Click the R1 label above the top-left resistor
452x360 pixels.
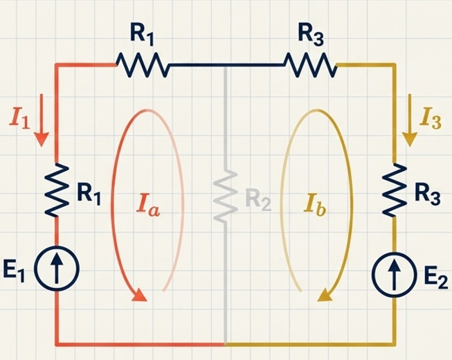142,36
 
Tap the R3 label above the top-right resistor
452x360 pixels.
311,36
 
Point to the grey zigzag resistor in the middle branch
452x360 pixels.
226,197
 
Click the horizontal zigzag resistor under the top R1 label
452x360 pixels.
143,65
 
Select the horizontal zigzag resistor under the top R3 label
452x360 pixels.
311,65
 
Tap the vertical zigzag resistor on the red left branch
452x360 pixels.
57,190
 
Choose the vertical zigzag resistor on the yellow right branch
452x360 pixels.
395,190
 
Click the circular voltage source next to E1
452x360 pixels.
57,269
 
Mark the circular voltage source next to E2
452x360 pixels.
394,275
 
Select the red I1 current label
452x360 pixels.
19,118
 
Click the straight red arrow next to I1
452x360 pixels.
42,120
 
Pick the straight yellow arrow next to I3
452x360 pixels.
410,120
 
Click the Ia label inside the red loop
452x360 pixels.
148,205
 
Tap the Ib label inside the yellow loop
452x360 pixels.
315,205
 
